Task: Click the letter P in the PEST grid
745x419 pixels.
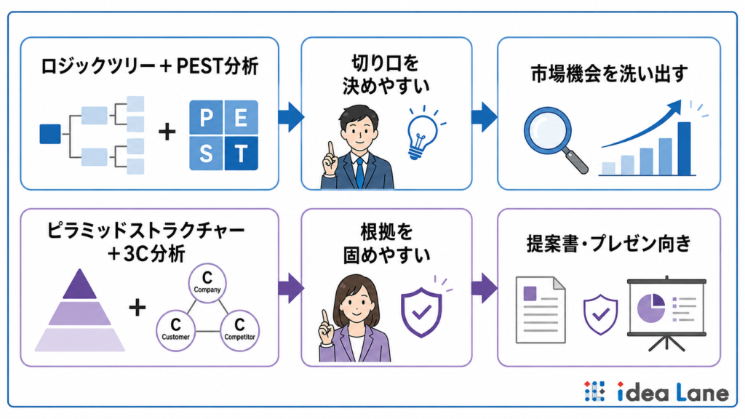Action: pos(206,117)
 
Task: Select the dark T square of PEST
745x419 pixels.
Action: pos(242,153)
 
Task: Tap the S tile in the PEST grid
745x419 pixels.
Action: pos(206,153)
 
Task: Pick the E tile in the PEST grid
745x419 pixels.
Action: pos(242,117)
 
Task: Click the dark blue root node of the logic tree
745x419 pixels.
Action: pos(50,134)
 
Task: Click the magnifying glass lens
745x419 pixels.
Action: pos(548,131)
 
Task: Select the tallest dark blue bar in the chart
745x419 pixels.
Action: pos(684,148)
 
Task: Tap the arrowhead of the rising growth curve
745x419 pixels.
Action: pos(674,107)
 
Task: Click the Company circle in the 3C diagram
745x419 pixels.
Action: pos(207,283)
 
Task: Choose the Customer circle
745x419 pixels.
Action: pos(176,331)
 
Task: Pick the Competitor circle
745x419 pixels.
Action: pos(239,331)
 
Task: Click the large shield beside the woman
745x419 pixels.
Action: pos(421,311)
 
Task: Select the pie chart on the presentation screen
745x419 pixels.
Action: pos(651,308)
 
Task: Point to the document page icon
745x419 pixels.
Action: pos(541,310)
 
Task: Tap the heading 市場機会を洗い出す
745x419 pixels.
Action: pos(609,73)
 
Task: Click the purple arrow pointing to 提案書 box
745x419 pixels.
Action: pos(484,288)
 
